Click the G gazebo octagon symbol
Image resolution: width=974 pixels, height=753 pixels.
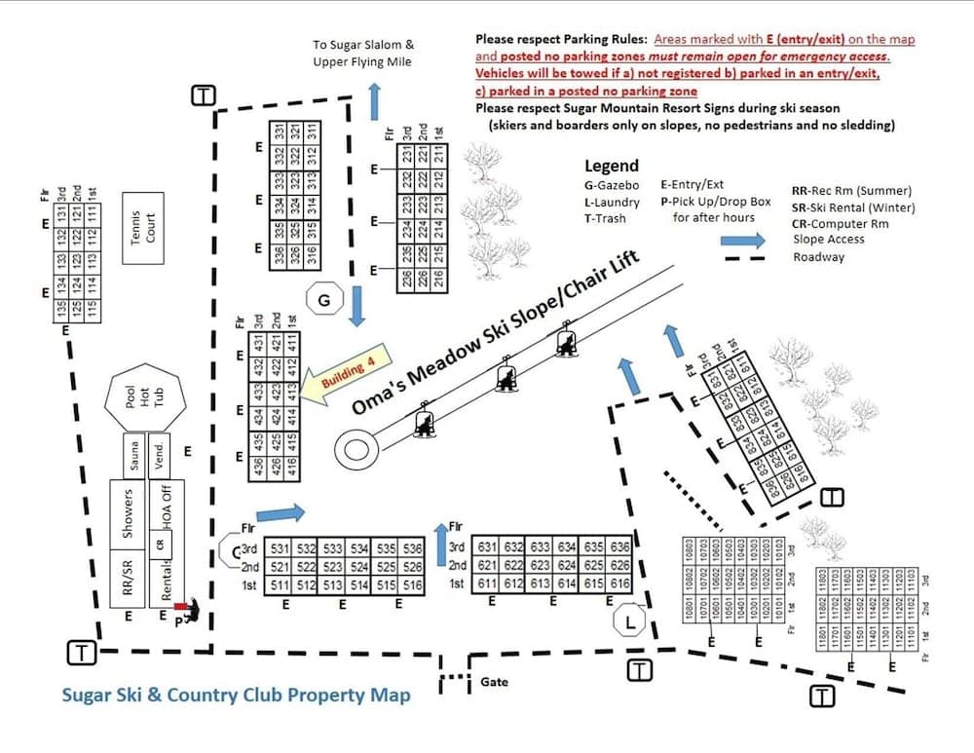[325, 301]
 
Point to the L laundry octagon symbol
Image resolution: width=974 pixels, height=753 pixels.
[630, 620]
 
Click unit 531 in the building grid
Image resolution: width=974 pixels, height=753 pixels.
[281, 548]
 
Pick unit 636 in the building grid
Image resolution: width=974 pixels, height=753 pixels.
[619, 546]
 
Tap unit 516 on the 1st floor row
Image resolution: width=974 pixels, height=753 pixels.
[412, 584]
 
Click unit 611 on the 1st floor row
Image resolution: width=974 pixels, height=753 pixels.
[487, 584]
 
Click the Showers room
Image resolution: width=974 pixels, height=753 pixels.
[127, 512]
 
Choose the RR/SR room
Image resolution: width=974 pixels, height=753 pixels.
[127, 575]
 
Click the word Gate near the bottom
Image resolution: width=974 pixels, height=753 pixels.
[494, 682]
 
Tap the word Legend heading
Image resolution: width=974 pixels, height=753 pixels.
[612, 166]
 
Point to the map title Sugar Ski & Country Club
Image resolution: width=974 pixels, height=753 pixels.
[236, 695]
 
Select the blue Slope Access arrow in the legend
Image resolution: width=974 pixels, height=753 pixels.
[748, 239]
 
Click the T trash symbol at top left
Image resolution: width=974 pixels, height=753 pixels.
[203, 94]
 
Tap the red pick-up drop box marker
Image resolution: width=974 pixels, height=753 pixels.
[180, 606]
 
